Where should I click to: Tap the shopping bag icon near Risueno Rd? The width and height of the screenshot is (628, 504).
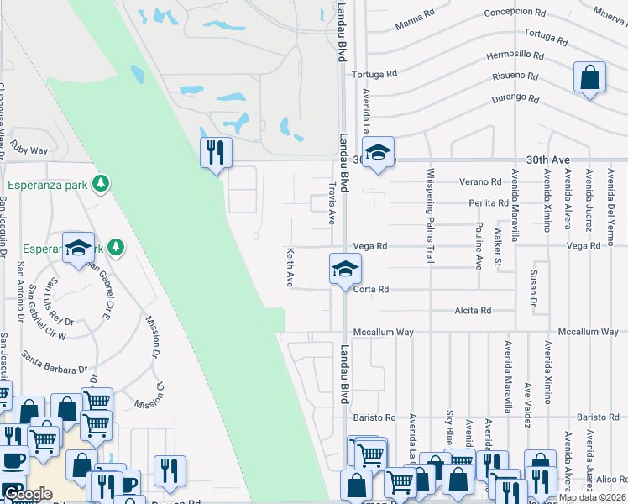tap(590, 78)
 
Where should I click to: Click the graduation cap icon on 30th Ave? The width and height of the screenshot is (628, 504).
tap(378, 153)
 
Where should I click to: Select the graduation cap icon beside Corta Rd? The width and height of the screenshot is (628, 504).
tap(344, 270)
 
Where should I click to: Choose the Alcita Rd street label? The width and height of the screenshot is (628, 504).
tap(473, 311)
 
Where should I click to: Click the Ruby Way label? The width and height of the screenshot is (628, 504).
tap(29, 150)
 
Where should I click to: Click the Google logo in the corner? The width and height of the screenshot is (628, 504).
tap(27, 494)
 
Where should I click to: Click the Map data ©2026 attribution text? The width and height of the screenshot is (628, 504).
tap(592, 497)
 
